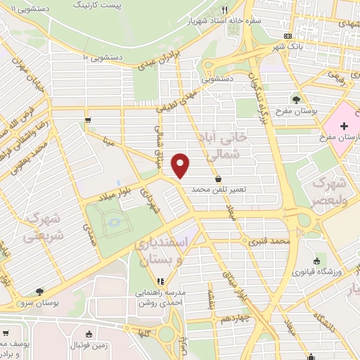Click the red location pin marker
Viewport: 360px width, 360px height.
181,165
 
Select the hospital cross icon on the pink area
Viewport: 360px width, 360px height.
343,126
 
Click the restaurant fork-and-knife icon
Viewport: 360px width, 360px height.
225,10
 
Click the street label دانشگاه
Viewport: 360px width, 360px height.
333,314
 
